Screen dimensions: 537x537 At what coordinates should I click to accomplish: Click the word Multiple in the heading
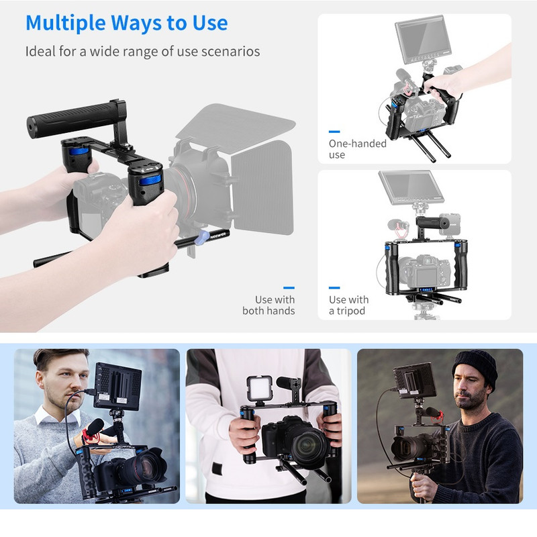point(65,23)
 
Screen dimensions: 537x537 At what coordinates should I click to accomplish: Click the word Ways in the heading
point(136,23)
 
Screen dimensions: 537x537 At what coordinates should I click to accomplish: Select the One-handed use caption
point(358,149)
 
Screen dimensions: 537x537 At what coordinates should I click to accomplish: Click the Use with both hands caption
point(268,305)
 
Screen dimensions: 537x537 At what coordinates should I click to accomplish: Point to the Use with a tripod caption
point(348,305)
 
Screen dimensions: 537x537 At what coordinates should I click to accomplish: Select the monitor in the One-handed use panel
point(422,40)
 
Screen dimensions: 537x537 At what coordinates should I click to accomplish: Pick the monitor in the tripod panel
point(411,188)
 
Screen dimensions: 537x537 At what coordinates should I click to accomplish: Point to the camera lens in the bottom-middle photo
point(308,445)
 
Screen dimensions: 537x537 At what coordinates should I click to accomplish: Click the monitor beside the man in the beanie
point(414,380)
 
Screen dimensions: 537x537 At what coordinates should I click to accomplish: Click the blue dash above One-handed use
point(334,132)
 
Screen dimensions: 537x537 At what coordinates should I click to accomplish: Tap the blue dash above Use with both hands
point(289,288)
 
